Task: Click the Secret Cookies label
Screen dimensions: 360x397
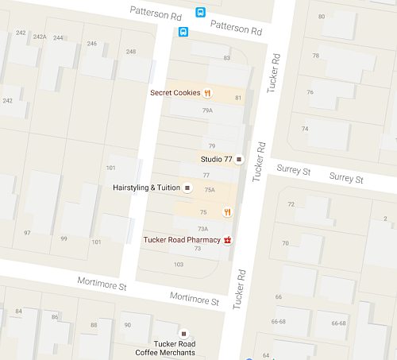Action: (x=175, y=92)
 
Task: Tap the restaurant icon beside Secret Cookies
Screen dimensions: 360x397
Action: (x=207, y=92)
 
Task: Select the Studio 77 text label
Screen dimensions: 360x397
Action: (x=216, y=160)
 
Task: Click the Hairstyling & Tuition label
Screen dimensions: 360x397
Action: (x=147, y=188)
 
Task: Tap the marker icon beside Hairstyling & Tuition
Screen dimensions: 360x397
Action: (x=188, y=188)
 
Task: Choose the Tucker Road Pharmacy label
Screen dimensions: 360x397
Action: (x=181, y=238)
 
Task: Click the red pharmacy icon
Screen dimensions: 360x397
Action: (x=228, y=238)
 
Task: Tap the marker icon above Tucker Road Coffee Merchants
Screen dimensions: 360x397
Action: (x=184, y=331)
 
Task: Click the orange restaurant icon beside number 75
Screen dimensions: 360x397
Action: (x=227, y=211)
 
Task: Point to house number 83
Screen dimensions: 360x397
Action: (x=226, y=58)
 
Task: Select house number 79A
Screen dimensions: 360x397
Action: (x=207, y=110)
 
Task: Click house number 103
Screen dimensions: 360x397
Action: (x=178, y=265)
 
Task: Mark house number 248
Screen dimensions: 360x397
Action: (x=131, y=52)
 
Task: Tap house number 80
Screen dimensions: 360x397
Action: (x=321, y=17)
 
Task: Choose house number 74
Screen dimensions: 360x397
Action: (x=304, y=129)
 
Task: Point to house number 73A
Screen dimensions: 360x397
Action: (x=202, y=229)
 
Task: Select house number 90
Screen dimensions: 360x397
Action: (x=127, y=324)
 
